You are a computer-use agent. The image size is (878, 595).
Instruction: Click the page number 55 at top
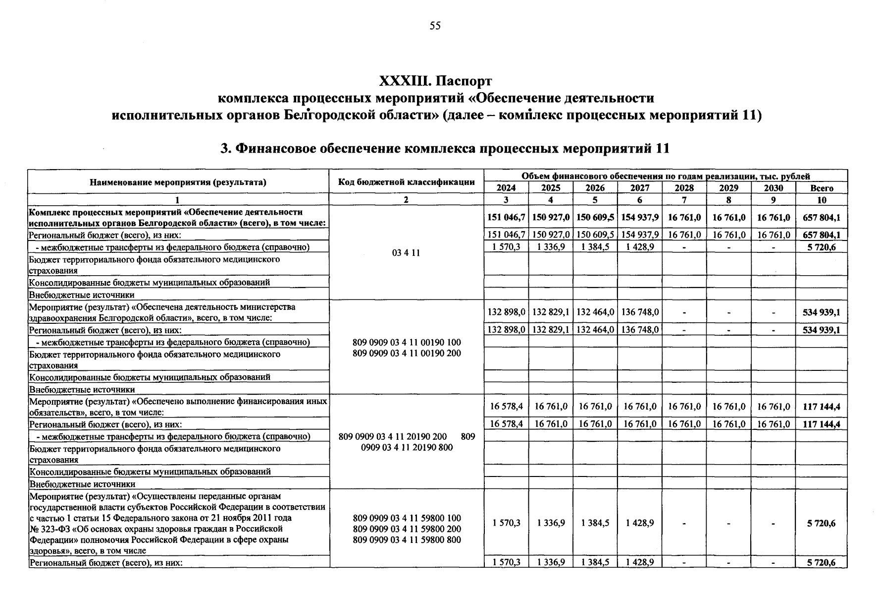click(x=435, y=26)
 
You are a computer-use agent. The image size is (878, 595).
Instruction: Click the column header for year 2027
click(x=639, y=188)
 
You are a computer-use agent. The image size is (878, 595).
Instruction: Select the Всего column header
click(x=822, y=188)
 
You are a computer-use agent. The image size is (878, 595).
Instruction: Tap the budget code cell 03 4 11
click(x=406, y=253)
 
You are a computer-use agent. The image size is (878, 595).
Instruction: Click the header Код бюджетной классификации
click(x=406, y=182)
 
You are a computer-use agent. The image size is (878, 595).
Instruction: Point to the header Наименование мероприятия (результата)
click(x=178, y=182)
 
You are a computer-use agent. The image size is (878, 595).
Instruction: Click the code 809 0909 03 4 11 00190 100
click(x=406, y=342)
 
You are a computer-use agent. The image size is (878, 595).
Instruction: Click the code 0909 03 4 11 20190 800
click(x=406, y=448)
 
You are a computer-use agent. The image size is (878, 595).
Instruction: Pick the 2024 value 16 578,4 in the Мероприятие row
click(x=506, y=407)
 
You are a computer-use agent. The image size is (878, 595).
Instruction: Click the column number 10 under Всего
click(x=822, y=200)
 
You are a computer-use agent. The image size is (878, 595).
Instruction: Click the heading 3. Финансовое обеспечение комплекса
click(x=444, y=148)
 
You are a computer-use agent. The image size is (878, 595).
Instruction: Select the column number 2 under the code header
click(x=406, y=200)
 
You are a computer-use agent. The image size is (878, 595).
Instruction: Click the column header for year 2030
click(x=773, y=188)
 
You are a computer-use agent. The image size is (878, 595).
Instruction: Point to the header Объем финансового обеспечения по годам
click(x=665, y=176)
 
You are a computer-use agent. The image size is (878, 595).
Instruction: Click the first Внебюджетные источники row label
click(x=82, y=295)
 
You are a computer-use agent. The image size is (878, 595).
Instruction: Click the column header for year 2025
click(x=550, y=188)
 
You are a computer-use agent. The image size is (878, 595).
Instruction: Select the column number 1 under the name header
click(x=178, y=200)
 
